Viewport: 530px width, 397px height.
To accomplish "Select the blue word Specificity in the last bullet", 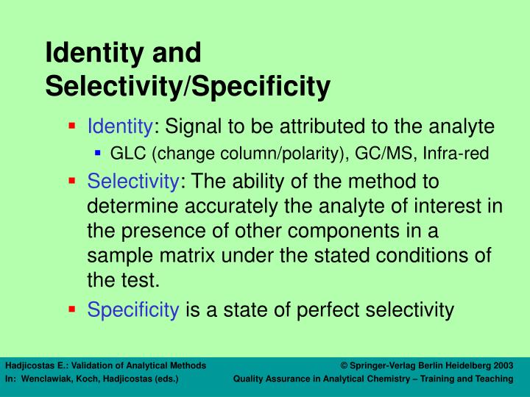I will [133, 310].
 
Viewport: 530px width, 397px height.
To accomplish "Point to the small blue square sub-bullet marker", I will [98, 153].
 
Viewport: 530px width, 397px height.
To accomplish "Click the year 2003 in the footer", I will [504, 365].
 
